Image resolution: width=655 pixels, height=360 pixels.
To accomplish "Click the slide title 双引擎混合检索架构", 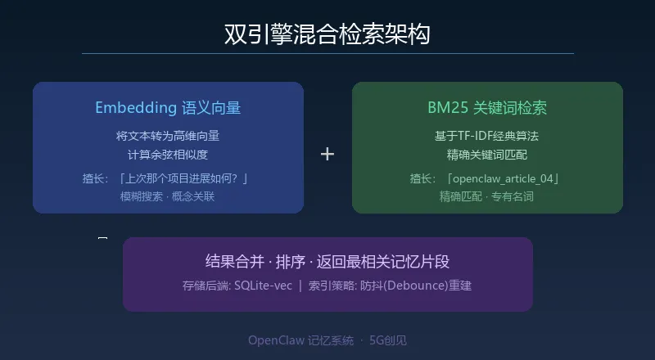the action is [327, 34].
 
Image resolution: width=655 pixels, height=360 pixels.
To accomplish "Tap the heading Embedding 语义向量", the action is [168, 108].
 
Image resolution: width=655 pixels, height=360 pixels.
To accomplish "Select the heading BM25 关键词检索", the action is [487, 108].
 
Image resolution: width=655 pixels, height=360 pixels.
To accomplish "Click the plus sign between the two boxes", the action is [327, 154].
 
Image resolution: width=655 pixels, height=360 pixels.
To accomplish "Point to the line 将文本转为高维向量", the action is [168, 136].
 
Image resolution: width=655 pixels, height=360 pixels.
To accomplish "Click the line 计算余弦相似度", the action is [168, 154].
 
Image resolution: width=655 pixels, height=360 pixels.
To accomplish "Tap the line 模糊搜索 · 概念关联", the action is [168, 196].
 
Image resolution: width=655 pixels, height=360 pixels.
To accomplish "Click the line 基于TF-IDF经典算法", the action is [487, 136].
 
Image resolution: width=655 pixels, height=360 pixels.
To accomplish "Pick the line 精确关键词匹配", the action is [487, 154].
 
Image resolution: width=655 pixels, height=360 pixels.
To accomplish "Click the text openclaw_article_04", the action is [504, 178].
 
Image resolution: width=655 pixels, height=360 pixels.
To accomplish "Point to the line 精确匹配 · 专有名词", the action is [487, 196].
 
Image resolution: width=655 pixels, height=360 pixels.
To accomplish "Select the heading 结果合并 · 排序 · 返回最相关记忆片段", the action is [327, 262].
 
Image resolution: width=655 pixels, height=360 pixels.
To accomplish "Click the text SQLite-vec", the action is [263, 286].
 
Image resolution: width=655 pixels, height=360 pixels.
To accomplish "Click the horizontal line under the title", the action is [327, 53].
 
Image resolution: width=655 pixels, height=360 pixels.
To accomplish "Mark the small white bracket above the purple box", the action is [102, 238].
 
